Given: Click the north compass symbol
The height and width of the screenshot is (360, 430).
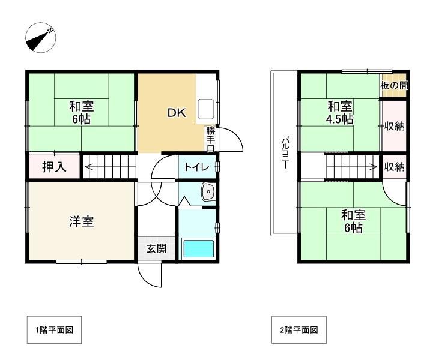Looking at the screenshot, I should coord(41,40).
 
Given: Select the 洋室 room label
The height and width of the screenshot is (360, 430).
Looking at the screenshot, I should coord(80,221).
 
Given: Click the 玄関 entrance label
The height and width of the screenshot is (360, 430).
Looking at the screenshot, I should coord(157,248).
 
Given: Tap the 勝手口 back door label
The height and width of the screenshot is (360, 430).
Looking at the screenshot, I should coord(211,139).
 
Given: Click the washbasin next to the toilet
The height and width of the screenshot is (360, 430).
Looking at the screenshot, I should coord(208,192).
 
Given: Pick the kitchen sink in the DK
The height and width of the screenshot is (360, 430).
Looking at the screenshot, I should coord(205,108).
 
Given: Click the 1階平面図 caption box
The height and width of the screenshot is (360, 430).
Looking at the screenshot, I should coord(53,329).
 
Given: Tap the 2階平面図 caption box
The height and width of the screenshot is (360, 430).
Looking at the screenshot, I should coord(298,329).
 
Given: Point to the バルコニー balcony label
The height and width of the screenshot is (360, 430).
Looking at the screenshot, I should coord(284,154).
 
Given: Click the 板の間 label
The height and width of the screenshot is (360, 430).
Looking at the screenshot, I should coord(394,86).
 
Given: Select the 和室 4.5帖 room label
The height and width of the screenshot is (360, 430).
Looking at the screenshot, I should coord(340,113).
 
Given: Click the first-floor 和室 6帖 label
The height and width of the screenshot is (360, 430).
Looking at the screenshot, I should coord(80,112).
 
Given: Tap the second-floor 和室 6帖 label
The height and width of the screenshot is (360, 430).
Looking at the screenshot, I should coord(353,221).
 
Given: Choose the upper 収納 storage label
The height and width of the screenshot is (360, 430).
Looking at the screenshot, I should coord(395,126).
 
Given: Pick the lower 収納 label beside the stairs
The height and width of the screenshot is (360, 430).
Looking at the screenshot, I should coord(395,167).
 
